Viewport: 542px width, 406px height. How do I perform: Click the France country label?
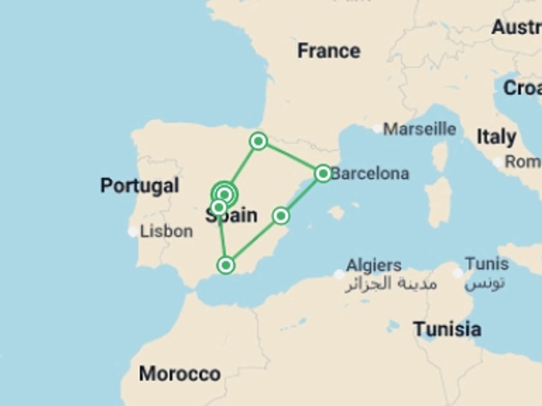pyautogui.click(x=329, y=51)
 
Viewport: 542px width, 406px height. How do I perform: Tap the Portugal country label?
pyautogui.click(x=140, y=186)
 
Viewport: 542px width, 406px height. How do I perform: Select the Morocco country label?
pyautogui.click(x=180, y=374)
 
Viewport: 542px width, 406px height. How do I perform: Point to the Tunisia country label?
pyautogui.click(x=447, y=329)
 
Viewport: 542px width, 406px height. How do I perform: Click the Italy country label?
pyautogui.click(x=496, y=137)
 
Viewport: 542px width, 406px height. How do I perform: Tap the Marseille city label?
pyautogui.click(x=419, y=129)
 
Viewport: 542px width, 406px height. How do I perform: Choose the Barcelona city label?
pyautogui.click(x=370, y=174)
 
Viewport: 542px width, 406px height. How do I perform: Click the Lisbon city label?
pyautogui.click(x=167, y=231)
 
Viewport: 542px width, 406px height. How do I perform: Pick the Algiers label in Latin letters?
pyautogui.click(x=374, y=265)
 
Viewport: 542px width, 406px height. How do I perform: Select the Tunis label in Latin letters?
pyautogui.click(x=487, y=264)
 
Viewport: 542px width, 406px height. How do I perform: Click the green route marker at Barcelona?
pyautogui.click(x=323, y=173)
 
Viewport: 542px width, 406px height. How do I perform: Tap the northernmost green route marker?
pyautogui.click(x=258, y=141)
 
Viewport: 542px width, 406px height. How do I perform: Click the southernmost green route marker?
pyautogui.click(x=226, y=265)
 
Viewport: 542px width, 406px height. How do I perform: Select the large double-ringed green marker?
pyautogui.click(x=225, y=195)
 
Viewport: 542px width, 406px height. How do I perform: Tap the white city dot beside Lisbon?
pyautogui.click(x=133, y=231)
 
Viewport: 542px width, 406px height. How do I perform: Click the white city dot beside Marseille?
pyautogui.click(x=377, y=129)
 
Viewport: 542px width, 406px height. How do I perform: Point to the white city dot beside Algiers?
pyautogui.click(x=339, y=274)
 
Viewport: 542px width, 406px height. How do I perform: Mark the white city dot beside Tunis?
pyautogui.click(x=458, y=273)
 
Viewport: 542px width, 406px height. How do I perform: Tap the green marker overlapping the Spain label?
pyautogui.click(x=219, y=208)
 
